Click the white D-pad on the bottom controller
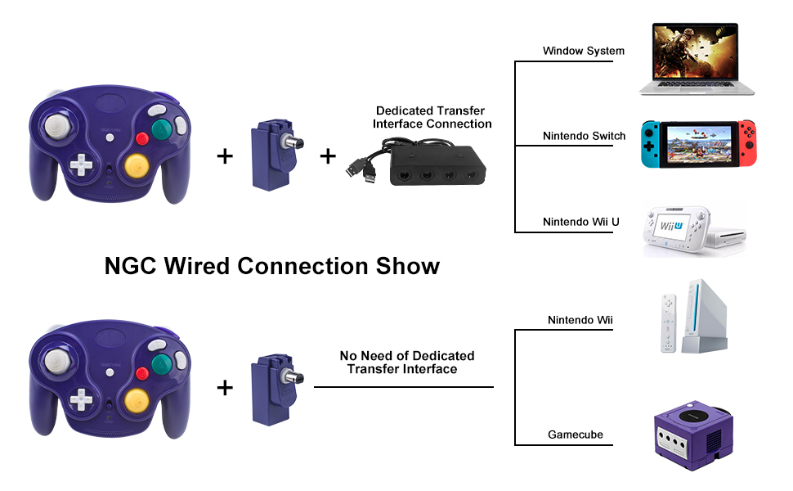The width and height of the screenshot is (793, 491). coord(81,399)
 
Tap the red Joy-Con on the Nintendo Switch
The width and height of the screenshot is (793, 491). coord(747,143)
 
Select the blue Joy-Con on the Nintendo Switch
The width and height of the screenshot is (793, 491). coord(649,143)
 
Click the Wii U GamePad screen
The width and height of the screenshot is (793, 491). coord(674,223)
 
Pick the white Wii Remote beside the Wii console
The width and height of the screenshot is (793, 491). coord(669,325)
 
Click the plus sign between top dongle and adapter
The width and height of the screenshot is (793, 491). coord(328,155)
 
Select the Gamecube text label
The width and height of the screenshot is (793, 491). coord(576,435)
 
